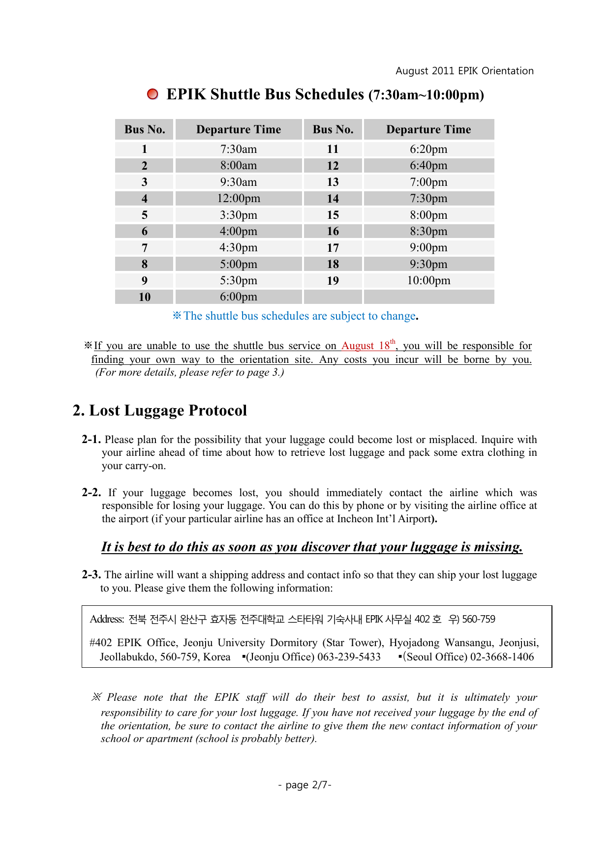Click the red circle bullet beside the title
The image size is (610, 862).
(152, 94)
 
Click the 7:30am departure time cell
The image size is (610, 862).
(239, 149)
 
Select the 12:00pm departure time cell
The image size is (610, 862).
(239, 198)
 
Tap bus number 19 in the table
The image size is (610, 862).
(333, 281)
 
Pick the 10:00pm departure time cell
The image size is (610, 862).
(428, 280)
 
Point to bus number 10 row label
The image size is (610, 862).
(145, 297)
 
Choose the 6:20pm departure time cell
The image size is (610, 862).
(428, 149)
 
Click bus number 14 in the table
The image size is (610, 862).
(333, 199)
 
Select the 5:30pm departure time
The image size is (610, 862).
(239, 280)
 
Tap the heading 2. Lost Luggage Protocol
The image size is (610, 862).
(160, 410)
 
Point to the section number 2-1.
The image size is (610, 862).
(91, 440)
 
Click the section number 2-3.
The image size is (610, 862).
(91, 575)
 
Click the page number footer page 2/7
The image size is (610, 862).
(305, 785)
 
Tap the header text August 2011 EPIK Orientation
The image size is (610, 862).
(464, 71)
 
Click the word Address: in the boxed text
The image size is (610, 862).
(107, 619)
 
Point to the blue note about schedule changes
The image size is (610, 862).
(295, 316)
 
